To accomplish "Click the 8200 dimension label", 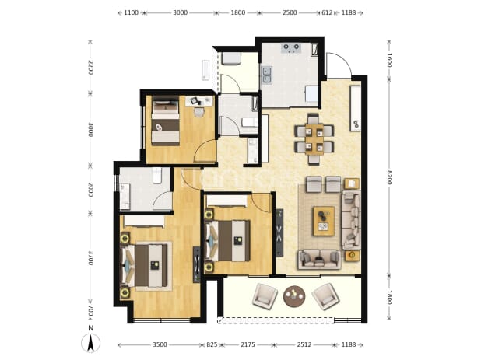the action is (389, 177).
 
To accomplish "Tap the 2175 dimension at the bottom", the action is (248, 344).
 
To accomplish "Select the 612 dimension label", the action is (327, 12).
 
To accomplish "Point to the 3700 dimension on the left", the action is (90, 258).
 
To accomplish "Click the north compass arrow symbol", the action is (90, 343).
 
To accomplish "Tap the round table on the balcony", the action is (294, 296).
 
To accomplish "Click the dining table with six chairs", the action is (314, 139).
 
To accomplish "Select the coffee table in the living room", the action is (324, 221).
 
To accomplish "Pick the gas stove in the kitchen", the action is (291, 48).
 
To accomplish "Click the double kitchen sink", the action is (266, 75).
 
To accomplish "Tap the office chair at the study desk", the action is (199, 112).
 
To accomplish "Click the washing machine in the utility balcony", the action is (231, 58).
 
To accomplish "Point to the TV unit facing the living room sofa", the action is (279, 232).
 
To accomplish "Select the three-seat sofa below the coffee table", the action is (319, 260).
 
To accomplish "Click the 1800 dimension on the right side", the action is (389, 297).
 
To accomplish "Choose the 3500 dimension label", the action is (160, 344).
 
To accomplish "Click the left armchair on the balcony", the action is (265, 295).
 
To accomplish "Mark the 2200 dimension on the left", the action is (90, 68).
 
